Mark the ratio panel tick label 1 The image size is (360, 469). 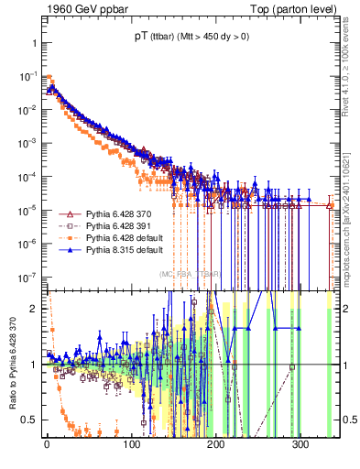coord(32,365)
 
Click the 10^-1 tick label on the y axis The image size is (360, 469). coord(27,77)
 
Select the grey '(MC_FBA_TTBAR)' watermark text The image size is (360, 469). coord(190,275)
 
